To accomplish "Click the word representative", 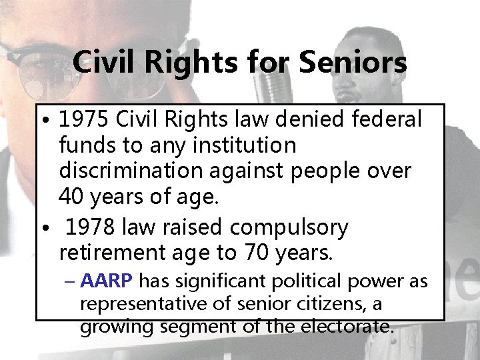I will tap(133, 305).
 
